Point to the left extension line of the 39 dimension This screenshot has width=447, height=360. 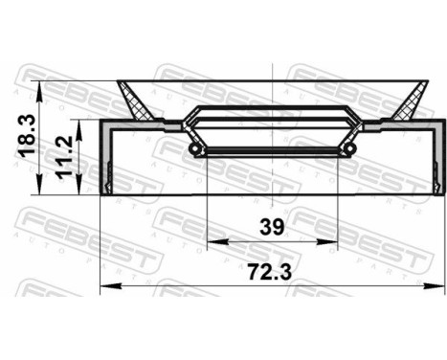point(209,201)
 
